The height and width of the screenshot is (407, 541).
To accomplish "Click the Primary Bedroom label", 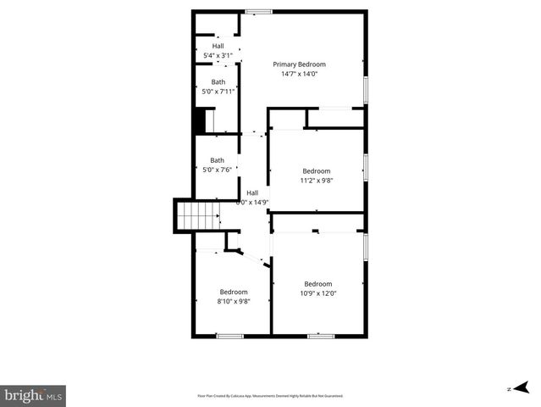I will (299, 64).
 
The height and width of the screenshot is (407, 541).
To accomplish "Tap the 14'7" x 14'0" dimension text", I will (299, 74).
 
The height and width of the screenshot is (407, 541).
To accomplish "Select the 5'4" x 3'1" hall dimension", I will (218, 55).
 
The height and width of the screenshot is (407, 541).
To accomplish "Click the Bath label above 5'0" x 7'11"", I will (218, 82).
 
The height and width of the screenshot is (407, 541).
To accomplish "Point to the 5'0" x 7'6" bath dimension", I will (218, 170).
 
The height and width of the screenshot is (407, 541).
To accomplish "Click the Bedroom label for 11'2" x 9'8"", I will (316, 170).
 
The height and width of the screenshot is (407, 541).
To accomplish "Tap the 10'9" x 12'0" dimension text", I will (318, 293).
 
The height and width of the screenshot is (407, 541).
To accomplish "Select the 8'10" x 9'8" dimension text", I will (234, 301).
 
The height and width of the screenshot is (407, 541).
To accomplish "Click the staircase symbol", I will (196, 215).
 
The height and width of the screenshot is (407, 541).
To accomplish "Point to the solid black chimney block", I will (200, 121).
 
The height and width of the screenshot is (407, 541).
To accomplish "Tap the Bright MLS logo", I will (33, 395).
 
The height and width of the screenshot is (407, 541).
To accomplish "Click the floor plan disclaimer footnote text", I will (270, 396).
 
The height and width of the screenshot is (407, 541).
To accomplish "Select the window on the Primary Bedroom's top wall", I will (258, 11).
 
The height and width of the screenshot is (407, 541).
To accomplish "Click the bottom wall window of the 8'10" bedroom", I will (229, 336).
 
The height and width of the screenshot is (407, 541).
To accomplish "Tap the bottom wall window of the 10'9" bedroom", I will (320, 336).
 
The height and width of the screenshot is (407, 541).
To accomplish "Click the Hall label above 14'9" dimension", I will (252, 192).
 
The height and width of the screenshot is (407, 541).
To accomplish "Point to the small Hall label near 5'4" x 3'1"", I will (218, 46).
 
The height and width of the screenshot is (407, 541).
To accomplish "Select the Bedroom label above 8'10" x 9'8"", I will (234, 292).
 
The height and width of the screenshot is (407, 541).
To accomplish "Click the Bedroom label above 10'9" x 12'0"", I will (318, 284).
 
